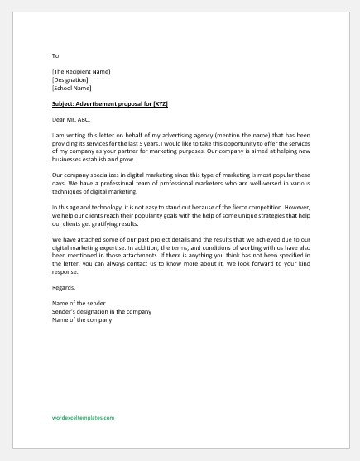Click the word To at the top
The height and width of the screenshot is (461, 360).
(55, 55)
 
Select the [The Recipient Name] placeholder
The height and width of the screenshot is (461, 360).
(81, 71)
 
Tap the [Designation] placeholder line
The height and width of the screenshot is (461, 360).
(69, 79)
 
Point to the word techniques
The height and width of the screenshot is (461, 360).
(69, 190)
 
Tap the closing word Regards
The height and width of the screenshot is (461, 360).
(63, 287)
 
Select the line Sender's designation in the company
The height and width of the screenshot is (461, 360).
(101, 311)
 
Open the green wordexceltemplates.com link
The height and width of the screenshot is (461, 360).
(83, 419)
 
